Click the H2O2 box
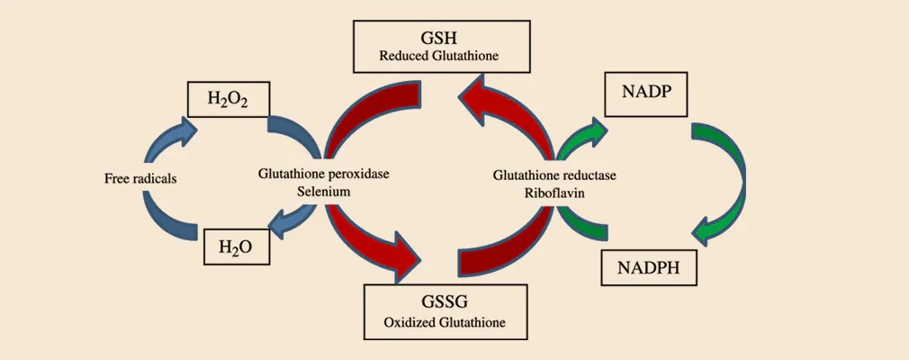227,101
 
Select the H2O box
236,247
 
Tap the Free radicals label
140,178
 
